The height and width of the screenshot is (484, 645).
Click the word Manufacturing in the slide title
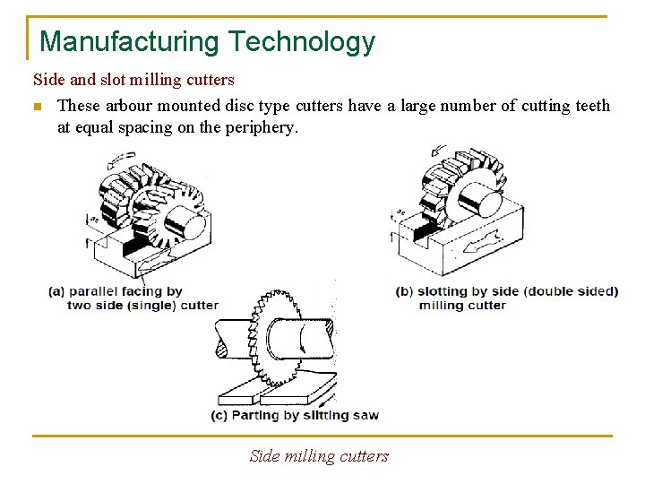coord(130,41)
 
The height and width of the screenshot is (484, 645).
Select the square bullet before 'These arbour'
coord(37,107)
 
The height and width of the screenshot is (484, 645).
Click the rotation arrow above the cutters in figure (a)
coord(118,160)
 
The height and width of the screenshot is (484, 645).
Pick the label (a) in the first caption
coord(56,291)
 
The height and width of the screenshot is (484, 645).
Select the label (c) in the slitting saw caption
coord(219,416)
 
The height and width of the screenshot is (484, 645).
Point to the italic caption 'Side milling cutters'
coord(319,456)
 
